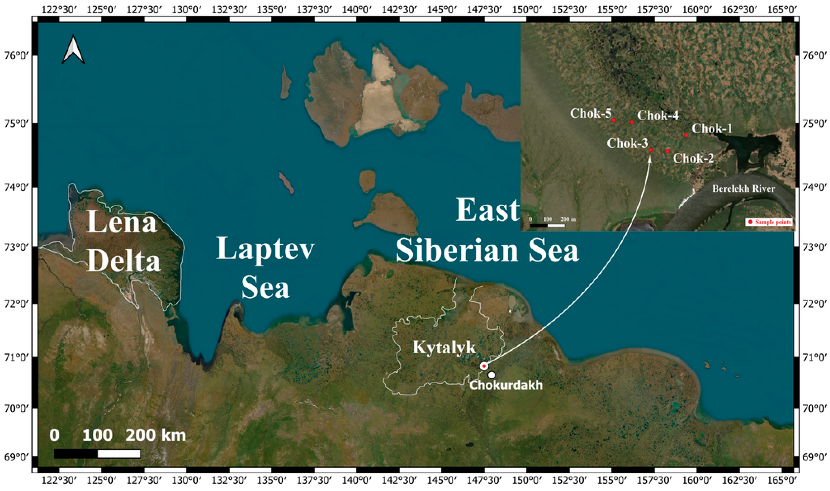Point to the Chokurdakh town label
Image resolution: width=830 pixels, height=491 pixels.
(506, 385)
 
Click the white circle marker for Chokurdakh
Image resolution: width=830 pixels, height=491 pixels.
(492, 375)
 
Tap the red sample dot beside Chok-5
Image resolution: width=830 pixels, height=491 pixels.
(614, 120)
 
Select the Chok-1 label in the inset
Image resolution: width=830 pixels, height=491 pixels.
(712, 128)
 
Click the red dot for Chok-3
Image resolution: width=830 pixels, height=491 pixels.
(650, 150)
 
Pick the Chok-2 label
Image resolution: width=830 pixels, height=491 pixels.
(693, 158)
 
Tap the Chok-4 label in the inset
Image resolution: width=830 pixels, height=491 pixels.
(658, 115)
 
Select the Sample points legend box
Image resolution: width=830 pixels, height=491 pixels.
(769, 222)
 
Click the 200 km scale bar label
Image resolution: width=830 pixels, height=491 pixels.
(155, 435)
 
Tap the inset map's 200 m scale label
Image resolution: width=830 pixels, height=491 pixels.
(568, 219)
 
